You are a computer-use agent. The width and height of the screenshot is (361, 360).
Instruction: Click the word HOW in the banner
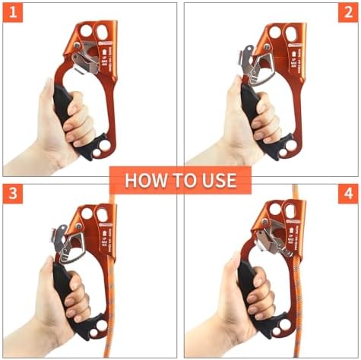coord(141,180)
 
